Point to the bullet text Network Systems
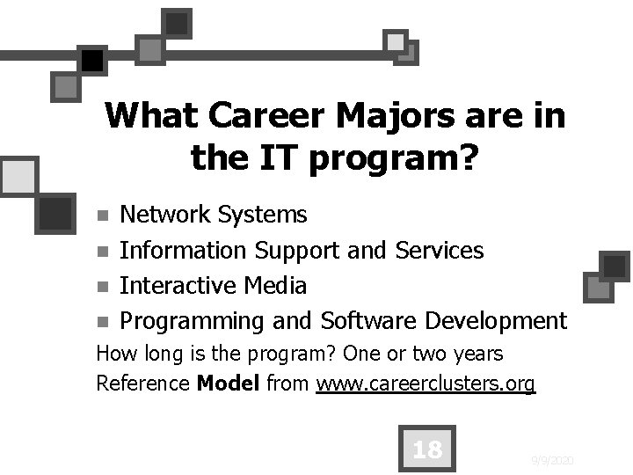213,215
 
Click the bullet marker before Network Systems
103,216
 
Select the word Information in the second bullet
183,251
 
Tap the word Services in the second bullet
440,251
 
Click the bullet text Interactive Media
213,286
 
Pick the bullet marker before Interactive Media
103,287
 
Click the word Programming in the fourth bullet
191,322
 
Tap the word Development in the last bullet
498,321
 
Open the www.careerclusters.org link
426,384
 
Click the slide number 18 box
427,450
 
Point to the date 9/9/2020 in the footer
554,459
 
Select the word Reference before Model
142,384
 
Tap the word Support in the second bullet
297,252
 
